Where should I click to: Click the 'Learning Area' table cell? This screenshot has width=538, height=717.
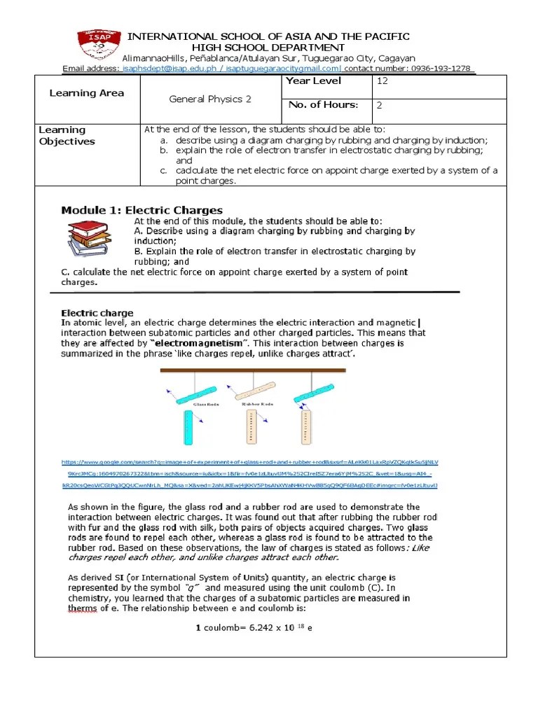(x=87, y=93)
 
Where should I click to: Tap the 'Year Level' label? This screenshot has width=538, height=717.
(x=313, y=81)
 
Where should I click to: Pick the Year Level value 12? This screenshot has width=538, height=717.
(x=382, y=81)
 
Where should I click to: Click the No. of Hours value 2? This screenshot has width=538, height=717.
(x=380, y=105)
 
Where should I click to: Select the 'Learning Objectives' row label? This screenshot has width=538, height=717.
(x=67, y=135)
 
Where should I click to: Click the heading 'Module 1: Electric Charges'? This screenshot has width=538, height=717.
(x=142, y=210)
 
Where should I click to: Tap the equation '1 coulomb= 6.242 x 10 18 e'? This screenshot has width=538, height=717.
(x=253, y=627)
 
